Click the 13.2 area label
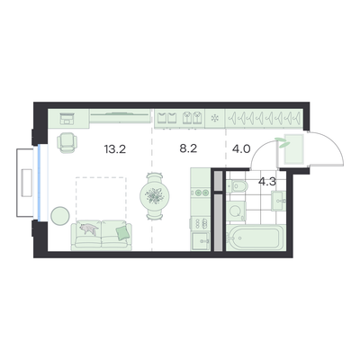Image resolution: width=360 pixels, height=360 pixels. point(115,149)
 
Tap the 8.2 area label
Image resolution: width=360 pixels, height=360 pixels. point(188,148)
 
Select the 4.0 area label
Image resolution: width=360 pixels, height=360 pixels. point(241,148)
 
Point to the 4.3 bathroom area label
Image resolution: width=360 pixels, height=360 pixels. point(267,182)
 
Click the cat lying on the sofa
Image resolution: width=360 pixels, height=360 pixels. point(89,229)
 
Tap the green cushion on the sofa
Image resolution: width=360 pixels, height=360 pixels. point(122,233)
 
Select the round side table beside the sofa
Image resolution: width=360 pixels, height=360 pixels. point(60,216)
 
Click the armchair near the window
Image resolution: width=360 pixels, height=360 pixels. point(67,143)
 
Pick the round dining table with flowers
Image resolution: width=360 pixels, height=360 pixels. point(155,196)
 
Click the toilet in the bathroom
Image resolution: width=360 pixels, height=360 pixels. point(238,186)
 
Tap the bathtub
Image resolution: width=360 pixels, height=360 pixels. point(255,238)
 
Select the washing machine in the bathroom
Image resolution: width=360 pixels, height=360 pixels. point(236,211)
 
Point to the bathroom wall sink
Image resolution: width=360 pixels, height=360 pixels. point(278,201)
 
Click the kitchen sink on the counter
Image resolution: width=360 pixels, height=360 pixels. point(201,241)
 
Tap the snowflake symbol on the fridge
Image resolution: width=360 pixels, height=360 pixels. point(215,119)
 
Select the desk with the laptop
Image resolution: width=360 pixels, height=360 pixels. point(68,119)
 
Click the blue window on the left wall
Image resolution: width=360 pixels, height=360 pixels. point(39,183)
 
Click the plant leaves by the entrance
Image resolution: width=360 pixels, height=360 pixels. point(283,142)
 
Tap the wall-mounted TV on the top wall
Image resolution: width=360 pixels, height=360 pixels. point(120,114)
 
